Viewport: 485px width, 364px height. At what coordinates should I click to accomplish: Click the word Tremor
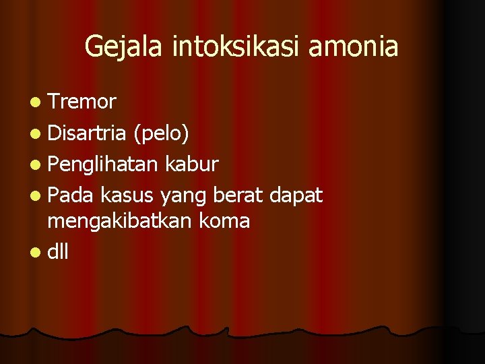[x=82, y=102]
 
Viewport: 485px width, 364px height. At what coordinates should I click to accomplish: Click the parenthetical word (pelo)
[x=161, y=134]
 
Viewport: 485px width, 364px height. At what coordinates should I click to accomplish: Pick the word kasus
[x=128, y=195]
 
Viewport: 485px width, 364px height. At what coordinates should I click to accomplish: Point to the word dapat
[x=296, y=196]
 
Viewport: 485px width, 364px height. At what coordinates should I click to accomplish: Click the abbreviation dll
[x=58, y=251]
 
